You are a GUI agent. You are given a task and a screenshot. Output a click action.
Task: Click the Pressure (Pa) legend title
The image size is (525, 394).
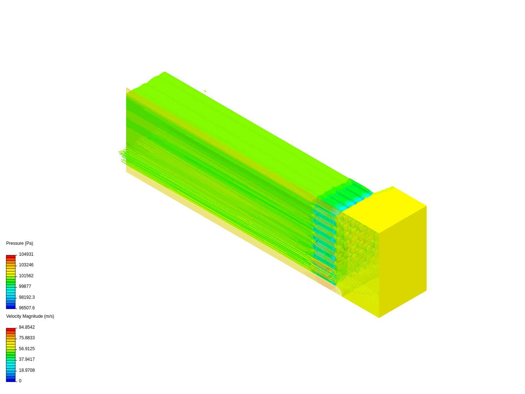(x=20, y=243)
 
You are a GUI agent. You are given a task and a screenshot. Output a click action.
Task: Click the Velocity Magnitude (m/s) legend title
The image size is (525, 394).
(x=30, y=316)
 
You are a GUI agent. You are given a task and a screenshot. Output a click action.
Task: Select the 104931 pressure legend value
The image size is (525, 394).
(x=26, y=254)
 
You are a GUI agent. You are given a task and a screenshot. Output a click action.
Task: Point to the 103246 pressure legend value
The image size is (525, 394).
(x=26, y=265)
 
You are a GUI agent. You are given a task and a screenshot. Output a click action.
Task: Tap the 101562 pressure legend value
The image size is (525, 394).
(x=26, y=276)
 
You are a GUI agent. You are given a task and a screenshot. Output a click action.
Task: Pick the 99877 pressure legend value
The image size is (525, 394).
(x=25, y=286)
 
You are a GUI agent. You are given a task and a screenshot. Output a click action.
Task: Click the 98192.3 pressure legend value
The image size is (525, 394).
(x=27, y=297)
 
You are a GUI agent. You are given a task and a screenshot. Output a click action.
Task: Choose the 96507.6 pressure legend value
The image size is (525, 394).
(x=27, y=308)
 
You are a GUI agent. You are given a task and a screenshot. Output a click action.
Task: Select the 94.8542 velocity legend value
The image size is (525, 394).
(x=27, y=327)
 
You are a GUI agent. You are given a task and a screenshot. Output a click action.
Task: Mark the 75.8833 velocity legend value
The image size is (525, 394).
(x=27, y=338)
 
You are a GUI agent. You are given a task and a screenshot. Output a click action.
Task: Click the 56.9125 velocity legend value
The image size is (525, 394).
(x=27, y=349)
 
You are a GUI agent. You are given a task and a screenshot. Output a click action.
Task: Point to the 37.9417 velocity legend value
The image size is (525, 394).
(x=27, y=359)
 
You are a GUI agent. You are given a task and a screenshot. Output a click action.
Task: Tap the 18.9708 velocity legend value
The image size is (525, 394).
(x=27, y=370)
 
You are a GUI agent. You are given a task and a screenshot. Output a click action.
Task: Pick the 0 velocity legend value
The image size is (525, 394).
(x=20, y=381)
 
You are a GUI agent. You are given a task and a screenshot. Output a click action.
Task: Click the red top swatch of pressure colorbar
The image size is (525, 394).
(x=11, y=256)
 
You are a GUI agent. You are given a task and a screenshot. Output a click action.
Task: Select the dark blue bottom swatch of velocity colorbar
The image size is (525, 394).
(x=11, y=380)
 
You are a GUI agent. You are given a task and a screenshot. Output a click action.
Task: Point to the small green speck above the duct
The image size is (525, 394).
(x=205, y=91)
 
